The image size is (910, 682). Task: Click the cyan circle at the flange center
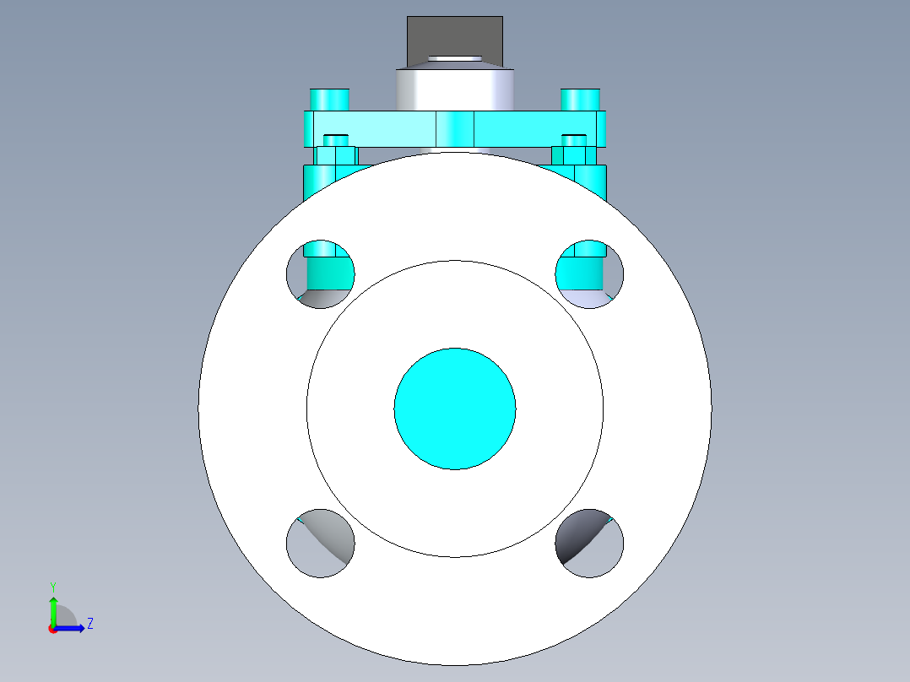coord(455,409)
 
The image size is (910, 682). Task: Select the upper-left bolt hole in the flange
coord(321,274)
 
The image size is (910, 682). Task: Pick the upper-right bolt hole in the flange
coord(589,274)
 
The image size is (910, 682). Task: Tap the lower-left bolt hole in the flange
coord(321,544)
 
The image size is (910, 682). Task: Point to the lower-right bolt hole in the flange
coord(589,544)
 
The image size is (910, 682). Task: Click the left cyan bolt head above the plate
coord(329,100)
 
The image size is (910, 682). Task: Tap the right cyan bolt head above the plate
coord(581,100)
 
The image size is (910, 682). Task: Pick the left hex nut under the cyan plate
coord(335,155)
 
